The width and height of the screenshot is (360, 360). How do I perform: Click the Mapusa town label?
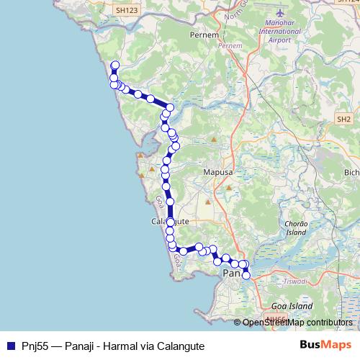pyautogui.click(x=215, y=172)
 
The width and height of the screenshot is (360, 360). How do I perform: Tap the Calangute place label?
pyautogui.click(x=170, y=222)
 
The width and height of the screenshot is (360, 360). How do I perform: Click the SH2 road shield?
pyautogui.click(x=343, y=119)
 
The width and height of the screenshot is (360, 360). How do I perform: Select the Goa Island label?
pyautogui.click(x=292, y=306)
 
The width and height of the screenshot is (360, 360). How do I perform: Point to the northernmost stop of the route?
pyautogui.click(x=115, y=65)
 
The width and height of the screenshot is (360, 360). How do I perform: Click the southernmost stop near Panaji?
pyautogui.click(x=246, y=275)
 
